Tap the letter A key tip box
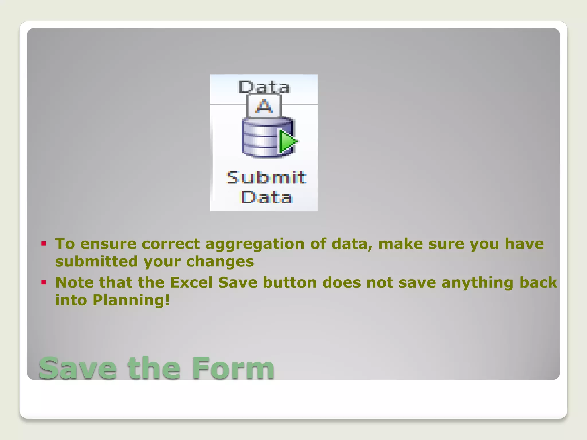(x=264, y=106)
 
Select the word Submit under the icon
(x=266, y=178)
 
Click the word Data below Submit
(x=266, y=198)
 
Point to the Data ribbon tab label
(x=264, y=87)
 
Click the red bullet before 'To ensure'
(x=44, y=244)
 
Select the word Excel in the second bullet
(x=191, y=283)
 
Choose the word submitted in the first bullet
(x=97, y=262)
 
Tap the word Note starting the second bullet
(x=75, y=283)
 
